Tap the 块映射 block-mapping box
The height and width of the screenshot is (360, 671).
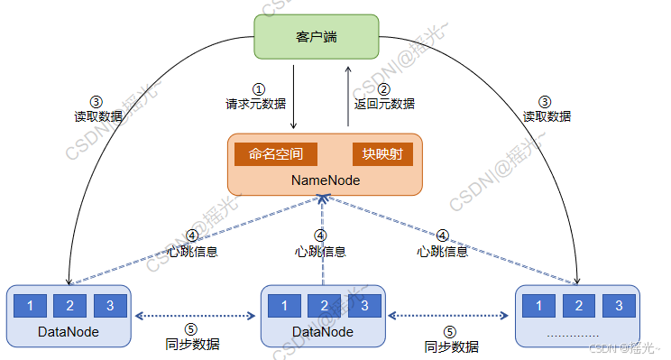click(x=382, y=153)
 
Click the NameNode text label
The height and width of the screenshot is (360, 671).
click(x=326, y=180)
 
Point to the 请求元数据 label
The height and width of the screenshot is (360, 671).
click(x=258, y=104)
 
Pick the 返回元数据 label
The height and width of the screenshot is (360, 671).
click(x=384, y=104)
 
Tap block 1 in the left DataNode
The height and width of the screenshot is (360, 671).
click(x=31, y=305)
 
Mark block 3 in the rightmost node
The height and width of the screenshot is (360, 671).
click(x=618, y=305)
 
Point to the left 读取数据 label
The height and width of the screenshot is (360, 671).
click(x=97, y=116)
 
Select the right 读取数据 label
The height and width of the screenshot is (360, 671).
click(x=547, y=116)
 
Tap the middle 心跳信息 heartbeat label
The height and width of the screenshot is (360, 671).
click(x=320, y=252)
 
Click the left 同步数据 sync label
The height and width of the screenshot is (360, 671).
click(x=193, y=345)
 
